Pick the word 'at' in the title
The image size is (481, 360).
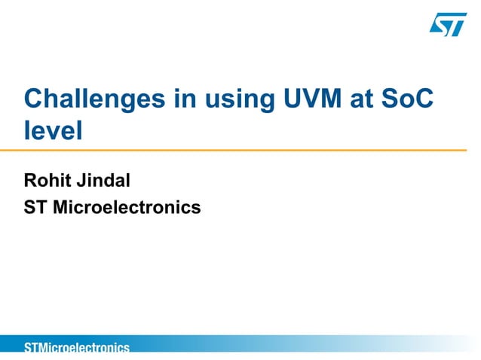(365, 100)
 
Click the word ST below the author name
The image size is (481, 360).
(35, 206)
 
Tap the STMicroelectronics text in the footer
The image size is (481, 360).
(76, 347)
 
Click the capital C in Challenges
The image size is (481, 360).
(34, 100)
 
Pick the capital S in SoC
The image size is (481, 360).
(394, 100)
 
